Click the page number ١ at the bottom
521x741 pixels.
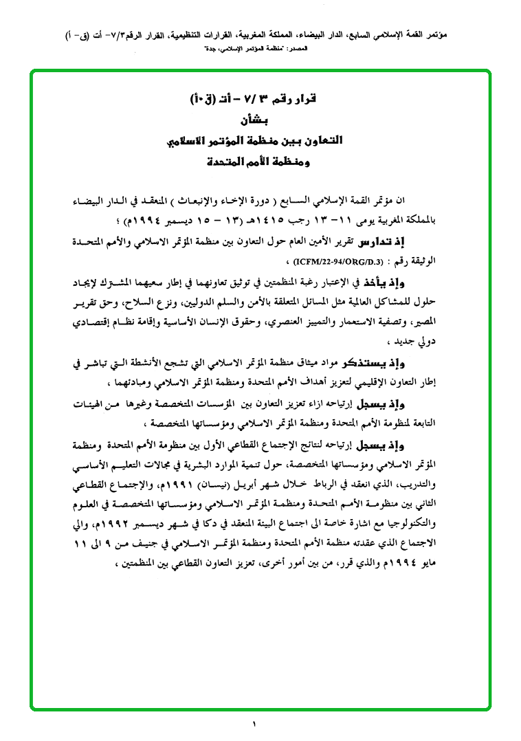[x=254, y=722]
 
